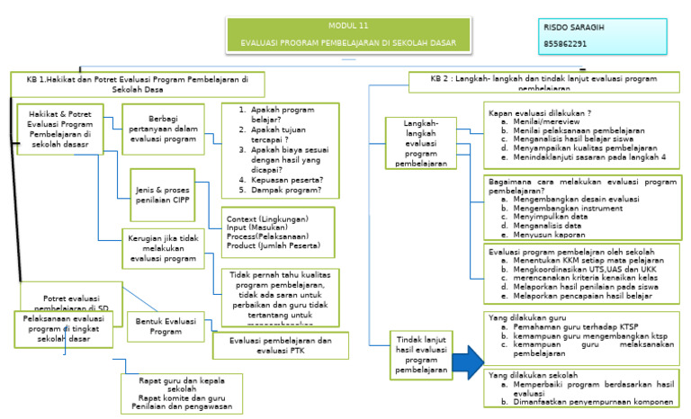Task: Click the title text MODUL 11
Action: (347, 25)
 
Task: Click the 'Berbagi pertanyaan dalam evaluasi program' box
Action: (161, 127)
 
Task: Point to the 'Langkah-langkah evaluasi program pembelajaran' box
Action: (416, 143)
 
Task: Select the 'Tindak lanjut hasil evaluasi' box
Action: (410, 354)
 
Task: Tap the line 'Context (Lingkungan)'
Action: (267, 218)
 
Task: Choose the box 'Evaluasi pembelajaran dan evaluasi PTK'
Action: (280, 344)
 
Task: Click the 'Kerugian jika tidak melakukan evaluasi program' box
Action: (164, 247)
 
